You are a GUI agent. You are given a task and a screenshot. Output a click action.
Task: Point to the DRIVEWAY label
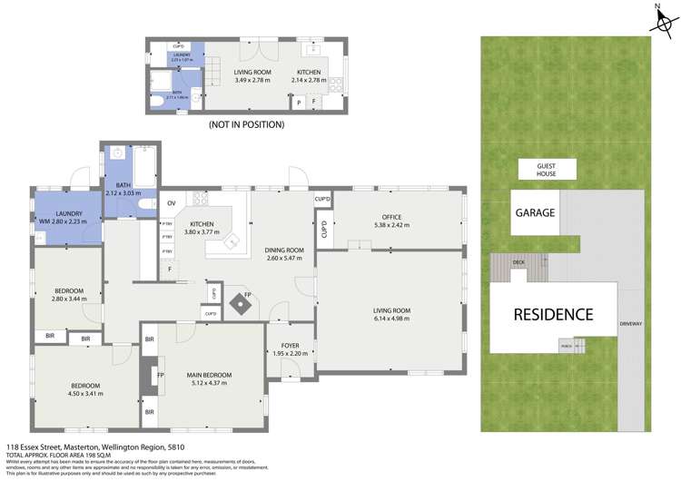point(630,324)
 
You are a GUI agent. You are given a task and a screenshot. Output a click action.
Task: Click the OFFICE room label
point(391,217)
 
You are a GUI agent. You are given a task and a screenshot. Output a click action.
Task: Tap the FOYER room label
point(290,345)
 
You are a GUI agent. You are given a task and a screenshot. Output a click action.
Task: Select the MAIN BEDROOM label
point(209,375)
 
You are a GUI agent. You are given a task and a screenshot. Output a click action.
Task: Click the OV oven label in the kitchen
point(171,203)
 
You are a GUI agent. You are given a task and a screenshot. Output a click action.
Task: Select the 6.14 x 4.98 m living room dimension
point(391,319)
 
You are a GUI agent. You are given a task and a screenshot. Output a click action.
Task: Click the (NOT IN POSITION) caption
point(246,124)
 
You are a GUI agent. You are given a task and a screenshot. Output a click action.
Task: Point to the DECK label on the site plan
point(518,262)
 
